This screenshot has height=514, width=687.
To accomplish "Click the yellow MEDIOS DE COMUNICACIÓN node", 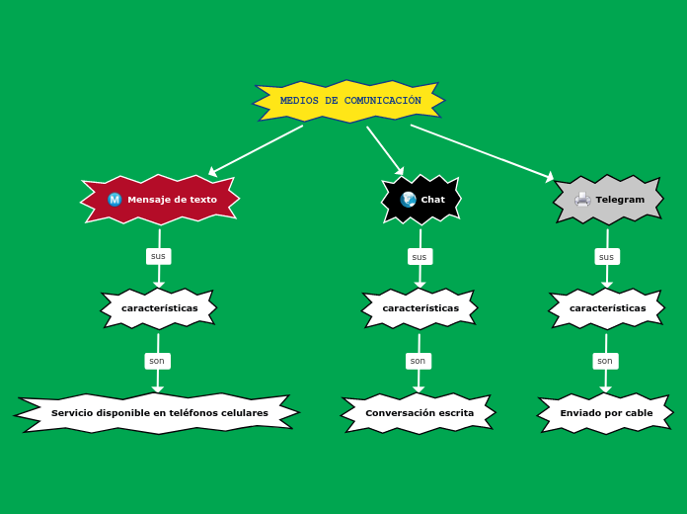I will coord(349,101).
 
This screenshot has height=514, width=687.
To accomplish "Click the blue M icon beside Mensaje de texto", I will coord(114,200).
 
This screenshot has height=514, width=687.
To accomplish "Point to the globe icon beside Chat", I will coord(408,200).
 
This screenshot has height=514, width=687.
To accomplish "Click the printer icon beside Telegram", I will coord(582,200).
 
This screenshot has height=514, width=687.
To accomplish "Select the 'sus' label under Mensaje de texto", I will coord(158,256).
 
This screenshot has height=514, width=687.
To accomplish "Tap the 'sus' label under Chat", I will coord(420,257).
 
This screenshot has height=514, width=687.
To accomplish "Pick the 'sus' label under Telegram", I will coord(607,257).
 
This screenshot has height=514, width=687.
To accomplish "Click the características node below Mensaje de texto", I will coord(159,308).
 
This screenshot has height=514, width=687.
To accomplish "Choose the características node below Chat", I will coord(420,308).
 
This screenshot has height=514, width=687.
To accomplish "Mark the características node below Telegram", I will coord(607,308).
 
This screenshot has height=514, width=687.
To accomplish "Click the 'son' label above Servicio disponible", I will coord(157,361).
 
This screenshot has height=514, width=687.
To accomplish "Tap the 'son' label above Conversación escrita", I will coord(419,361).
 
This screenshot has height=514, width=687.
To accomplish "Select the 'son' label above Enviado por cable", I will coord(605,361).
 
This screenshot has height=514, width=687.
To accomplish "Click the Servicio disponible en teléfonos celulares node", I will coord(159,413).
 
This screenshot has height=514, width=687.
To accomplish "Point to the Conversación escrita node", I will coord(419,413).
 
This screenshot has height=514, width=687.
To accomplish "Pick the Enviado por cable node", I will coord(606,413).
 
